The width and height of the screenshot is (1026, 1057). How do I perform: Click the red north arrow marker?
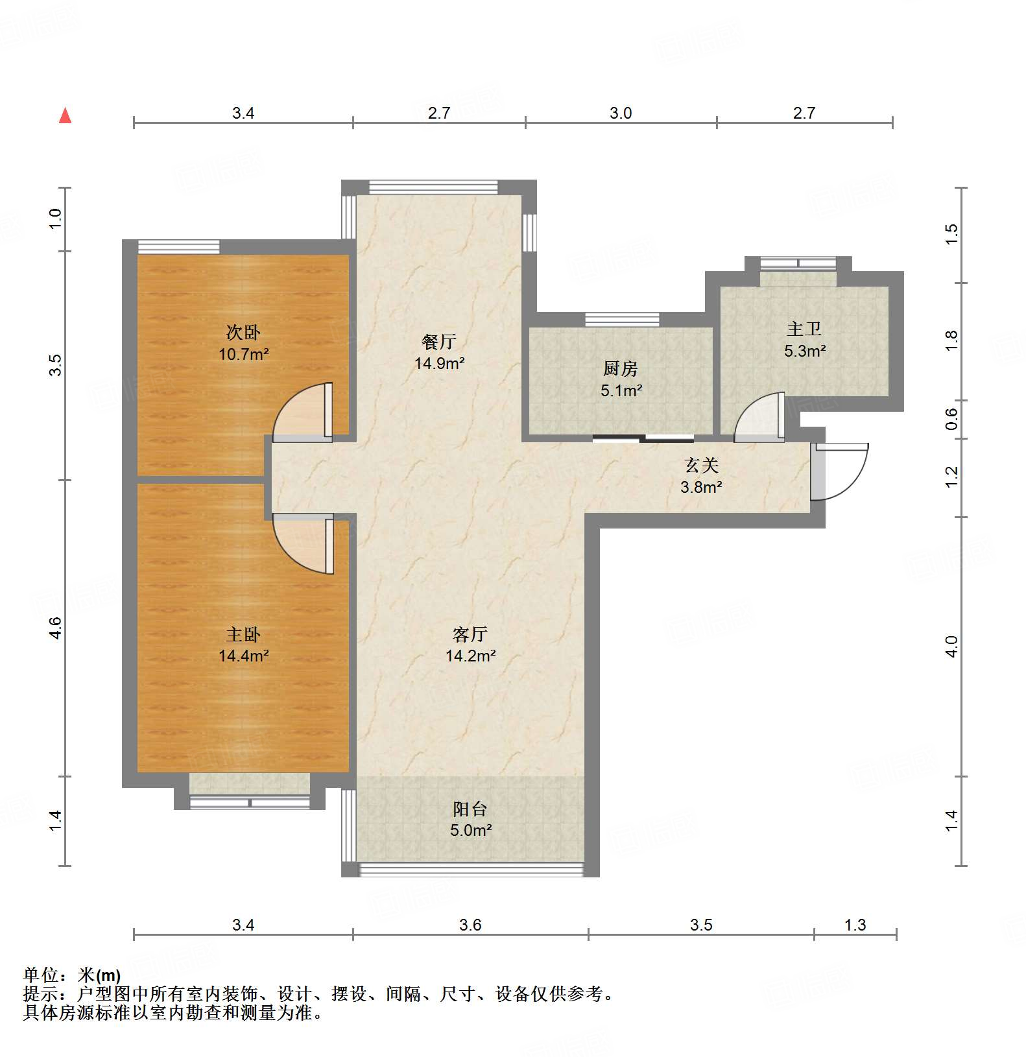click(x=65, y=116)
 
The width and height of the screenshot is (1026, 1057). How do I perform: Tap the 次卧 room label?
click(x=243, y=333)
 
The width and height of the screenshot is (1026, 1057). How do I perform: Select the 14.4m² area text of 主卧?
click(x=243, y=656)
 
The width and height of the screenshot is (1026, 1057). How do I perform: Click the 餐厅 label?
click(x=439, y=342)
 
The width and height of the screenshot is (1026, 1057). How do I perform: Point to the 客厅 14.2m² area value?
click(x=470, y=656)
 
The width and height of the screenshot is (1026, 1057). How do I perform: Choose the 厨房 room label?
click(x=621, y=369)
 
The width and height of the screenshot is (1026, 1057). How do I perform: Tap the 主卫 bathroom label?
click(x=804, y=329)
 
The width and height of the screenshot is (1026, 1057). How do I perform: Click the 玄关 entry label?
click(x=701, y=466)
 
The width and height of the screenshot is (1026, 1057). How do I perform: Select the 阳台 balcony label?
click(x=470, y=809)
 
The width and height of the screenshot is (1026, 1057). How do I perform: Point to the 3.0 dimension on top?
click(x=621, y=113)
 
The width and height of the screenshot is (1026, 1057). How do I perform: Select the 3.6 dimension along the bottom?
click(x=470, y=925)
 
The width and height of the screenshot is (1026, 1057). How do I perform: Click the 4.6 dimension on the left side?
click(x=56, y=628)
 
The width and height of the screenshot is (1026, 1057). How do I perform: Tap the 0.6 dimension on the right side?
click(x=951, y=419)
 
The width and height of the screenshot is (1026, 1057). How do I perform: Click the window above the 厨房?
click(x=622, y=319)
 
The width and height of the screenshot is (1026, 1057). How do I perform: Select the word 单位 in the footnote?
click(x=40, y=975)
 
